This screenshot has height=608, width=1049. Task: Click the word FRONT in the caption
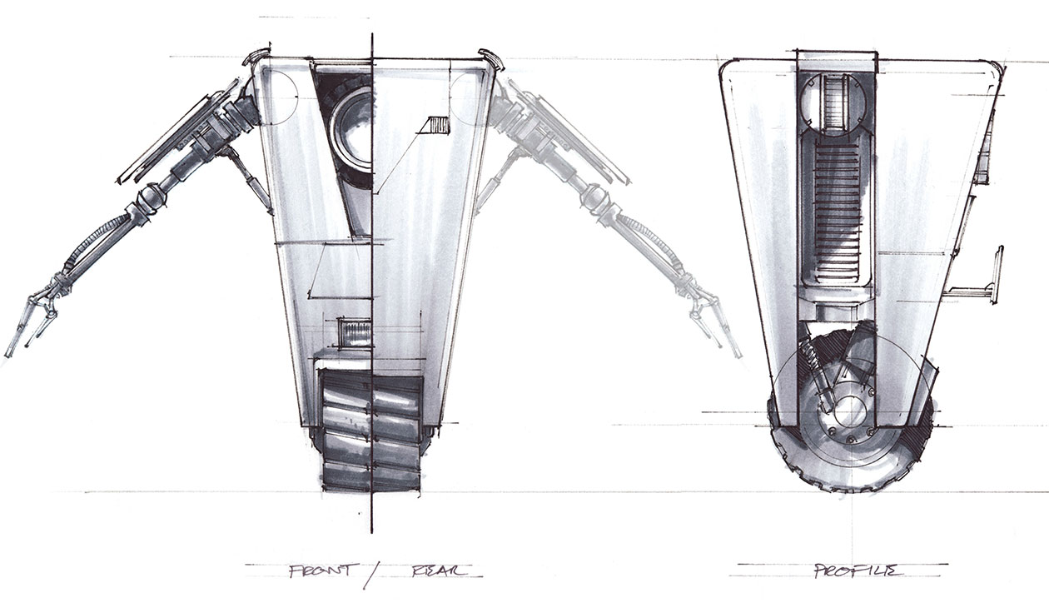[x=324, y=571]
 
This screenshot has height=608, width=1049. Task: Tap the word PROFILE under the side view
[x=842, y=571]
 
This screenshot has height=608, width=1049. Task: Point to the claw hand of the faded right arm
[x=712, y=321]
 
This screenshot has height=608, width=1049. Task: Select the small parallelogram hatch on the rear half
[x=435, y=126]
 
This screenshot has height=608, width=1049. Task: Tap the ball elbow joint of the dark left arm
[x=150, y=200]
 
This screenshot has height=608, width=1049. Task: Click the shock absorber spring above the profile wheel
[x=811, y=366]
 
